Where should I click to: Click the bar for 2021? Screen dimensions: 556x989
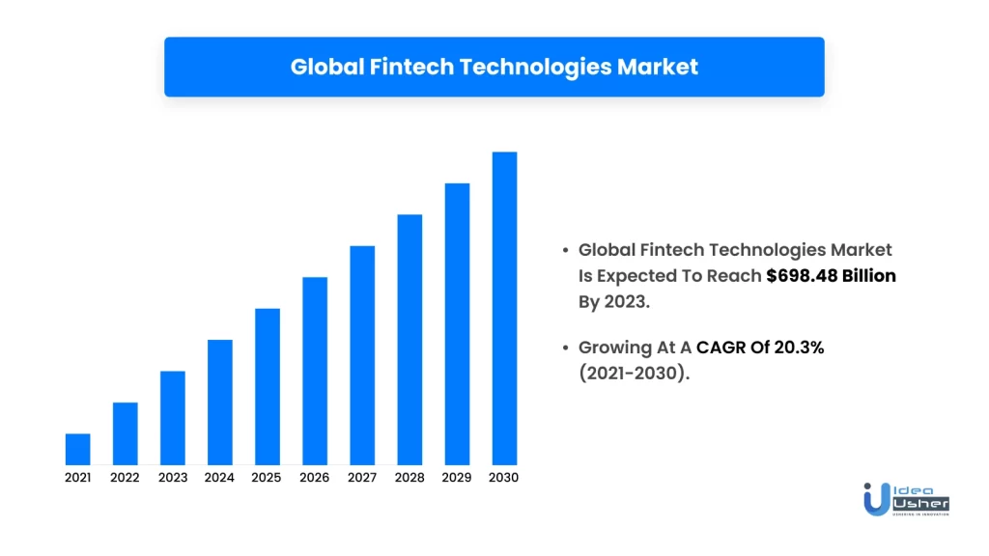click(78, 449)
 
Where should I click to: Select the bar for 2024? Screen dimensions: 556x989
click(220, 402)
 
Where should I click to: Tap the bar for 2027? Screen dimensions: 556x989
click(362, 354)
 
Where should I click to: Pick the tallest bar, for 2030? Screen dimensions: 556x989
click(504, 308)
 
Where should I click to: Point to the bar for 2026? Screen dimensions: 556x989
click(315, 371)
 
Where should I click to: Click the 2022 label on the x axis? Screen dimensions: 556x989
click(126, 478)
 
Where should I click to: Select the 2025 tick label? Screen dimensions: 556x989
click(268, 478)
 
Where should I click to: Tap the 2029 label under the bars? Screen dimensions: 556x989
click(457, 478)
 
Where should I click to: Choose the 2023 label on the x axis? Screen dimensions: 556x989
click(173, 478)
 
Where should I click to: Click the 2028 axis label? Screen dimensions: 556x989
click(410, 478)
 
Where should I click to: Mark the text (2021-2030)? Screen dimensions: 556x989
click(634, 374)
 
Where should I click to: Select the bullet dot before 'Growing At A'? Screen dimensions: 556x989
click(566, 347)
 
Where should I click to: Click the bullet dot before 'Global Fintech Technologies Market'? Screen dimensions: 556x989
click(566, 250)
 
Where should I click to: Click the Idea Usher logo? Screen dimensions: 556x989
click(906, 498)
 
